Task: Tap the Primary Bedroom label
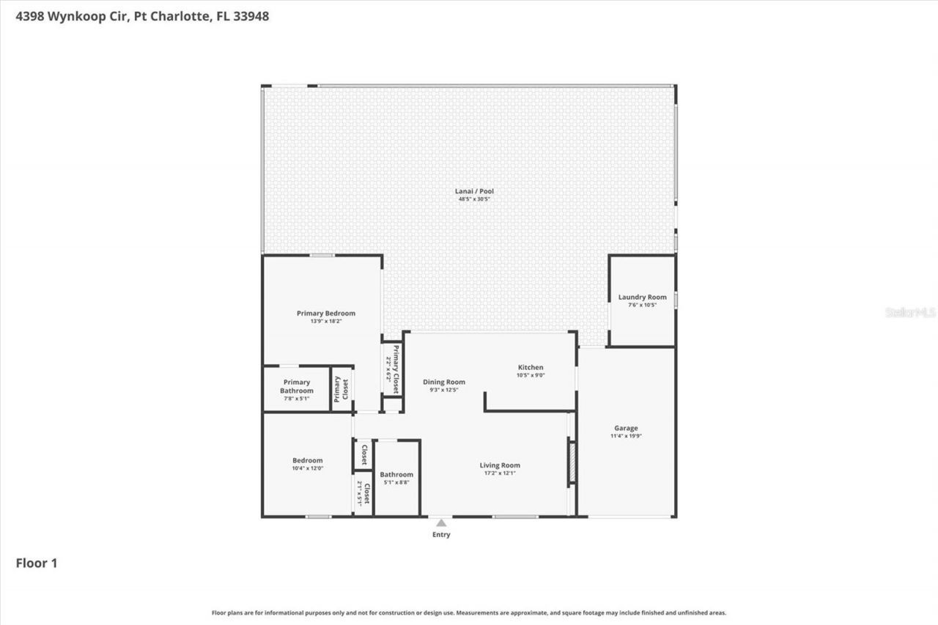(x=325, y=314)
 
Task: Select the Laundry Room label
(x=642, y=297)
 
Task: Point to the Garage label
(x=626, y=428)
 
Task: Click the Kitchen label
(x=531, y=367)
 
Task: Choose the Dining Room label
(x=444, y=382)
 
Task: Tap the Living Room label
(x=500, y=465)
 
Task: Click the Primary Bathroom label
(x=297, y=386)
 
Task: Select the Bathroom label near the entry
(x=396, y=474)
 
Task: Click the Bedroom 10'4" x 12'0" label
(x=307, y=460)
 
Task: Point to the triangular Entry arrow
(x=441, y=523)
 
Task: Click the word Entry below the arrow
(x=441, y=535)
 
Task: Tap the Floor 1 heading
(x=37, y=563)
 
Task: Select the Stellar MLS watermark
(x=911, y=312)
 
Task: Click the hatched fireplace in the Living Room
(x=572, y=462)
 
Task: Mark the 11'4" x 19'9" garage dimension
(x=626, y=436)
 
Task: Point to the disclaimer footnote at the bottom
(x=469, y=613)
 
